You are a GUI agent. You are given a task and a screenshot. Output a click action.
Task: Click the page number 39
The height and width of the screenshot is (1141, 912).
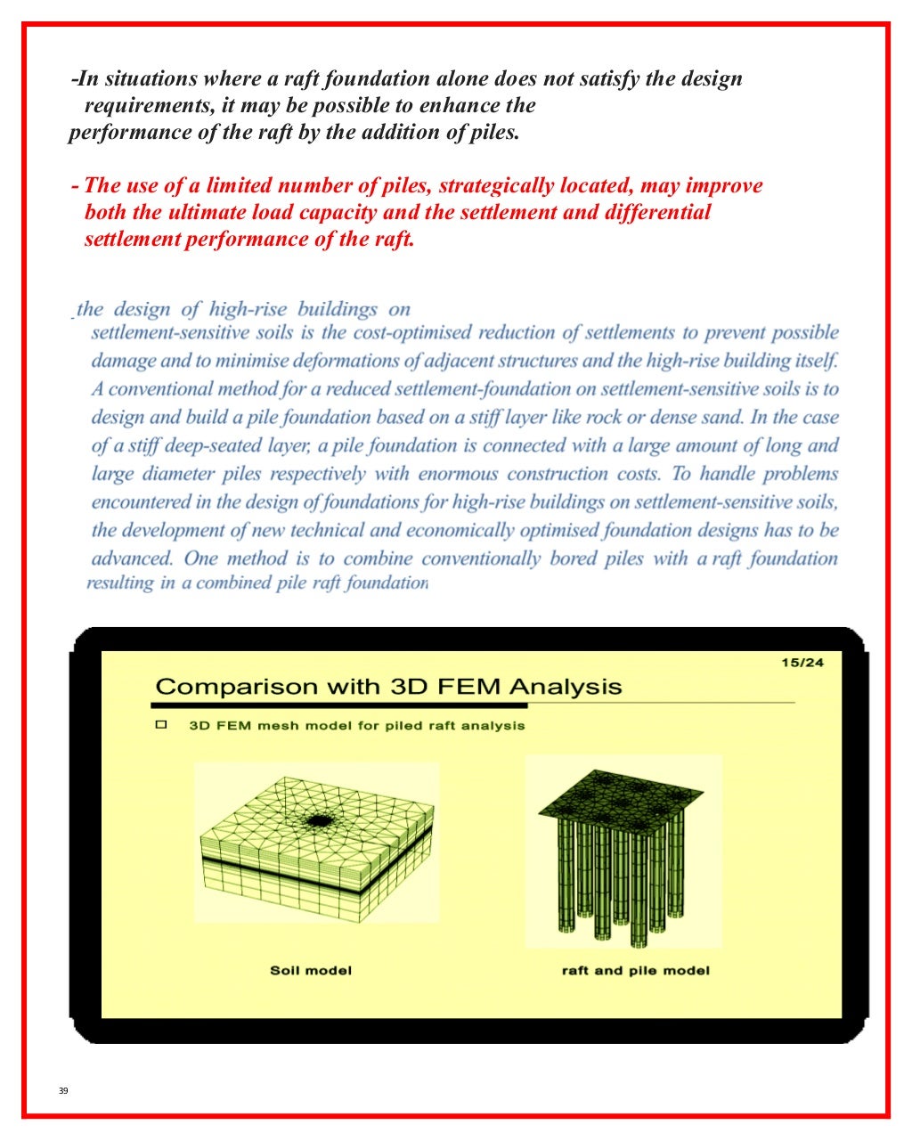[63, 1091]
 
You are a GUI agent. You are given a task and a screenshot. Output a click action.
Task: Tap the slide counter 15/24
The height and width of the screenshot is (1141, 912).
[802, 663]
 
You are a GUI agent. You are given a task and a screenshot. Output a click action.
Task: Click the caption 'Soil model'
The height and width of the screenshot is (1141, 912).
[311, 970]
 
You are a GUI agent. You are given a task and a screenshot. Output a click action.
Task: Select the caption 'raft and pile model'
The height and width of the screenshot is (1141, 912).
[635, 970]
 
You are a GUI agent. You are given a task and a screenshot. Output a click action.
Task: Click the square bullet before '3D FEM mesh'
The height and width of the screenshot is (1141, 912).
[161, 724]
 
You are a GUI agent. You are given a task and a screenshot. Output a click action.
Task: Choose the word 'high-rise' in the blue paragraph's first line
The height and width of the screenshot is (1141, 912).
[248, 310]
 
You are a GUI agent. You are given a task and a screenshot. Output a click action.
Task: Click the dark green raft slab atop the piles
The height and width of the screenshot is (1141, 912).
[619, 799]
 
